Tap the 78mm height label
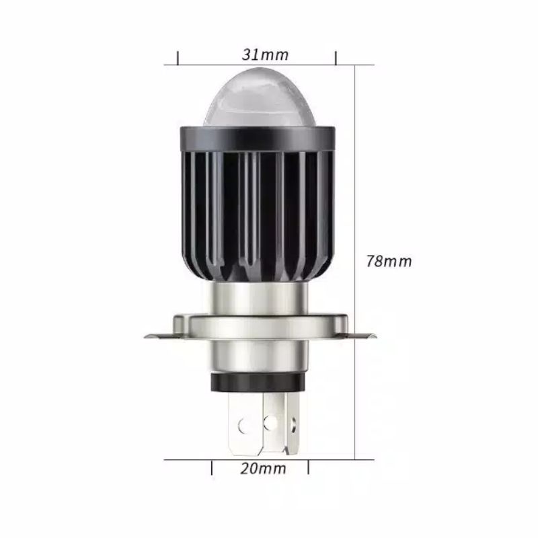(388, 261)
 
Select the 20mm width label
(262, 468)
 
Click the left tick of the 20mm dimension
(213, 467)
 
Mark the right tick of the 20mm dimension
(309, 467)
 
